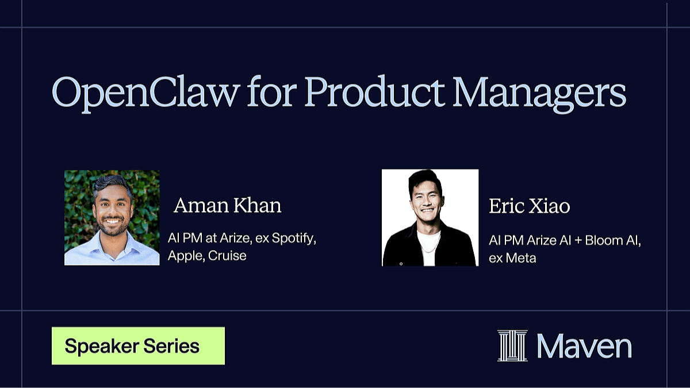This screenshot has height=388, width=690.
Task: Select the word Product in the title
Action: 374,91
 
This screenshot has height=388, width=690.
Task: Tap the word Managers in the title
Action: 539,94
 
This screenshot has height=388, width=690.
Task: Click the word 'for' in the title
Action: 272,91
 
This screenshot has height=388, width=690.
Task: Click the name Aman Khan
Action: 227,205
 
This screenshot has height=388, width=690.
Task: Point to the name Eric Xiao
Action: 529,206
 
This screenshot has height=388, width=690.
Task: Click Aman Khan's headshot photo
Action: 112,218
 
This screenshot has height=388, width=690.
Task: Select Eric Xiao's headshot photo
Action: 430,217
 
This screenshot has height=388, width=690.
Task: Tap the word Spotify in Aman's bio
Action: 294,239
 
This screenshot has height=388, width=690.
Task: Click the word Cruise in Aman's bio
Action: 227,256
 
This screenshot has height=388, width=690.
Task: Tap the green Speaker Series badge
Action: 138,346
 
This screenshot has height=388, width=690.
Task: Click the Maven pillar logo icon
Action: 512,345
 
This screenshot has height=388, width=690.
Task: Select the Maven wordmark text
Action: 584,346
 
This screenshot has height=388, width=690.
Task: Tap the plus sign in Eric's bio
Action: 578,240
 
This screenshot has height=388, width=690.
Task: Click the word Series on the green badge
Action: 171,346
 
